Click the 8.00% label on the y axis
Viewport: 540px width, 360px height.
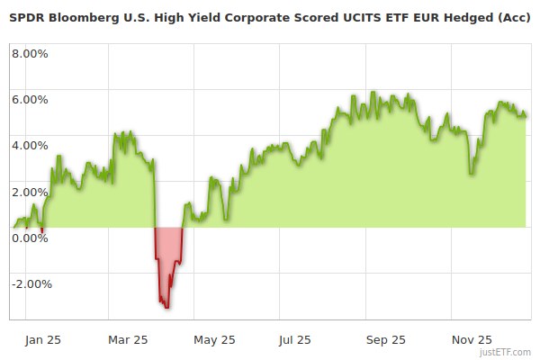(x=30, y=53)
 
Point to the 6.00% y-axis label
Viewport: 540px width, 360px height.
(x=30, y=99)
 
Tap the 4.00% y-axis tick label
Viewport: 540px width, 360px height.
(x=30, y=145)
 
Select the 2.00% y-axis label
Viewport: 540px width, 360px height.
(x=30, y=192)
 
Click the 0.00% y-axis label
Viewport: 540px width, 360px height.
(x=30, y=238)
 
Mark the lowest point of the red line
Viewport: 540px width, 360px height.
(x=166, y=308)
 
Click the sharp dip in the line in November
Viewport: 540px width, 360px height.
(x=472, y=174)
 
